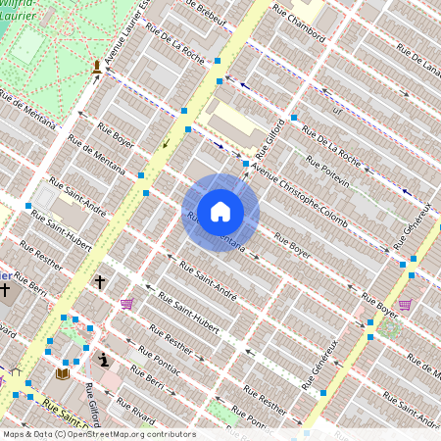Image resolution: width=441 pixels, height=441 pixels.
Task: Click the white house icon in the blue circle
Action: coord(220,212)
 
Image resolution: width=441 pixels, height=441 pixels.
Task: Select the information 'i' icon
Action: coord(104,360)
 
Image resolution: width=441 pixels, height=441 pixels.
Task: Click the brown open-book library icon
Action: coord(64,373)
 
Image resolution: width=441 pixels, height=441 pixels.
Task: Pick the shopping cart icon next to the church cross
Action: coord(126,304)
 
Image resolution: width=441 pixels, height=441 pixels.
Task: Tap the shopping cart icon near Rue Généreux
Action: coord(405,304)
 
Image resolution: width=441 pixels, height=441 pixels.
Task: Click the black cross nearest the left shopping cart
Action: coord(99,282)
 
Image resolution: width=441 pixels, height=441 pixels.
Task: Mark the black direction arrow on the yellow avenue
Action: coord(166,144)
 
